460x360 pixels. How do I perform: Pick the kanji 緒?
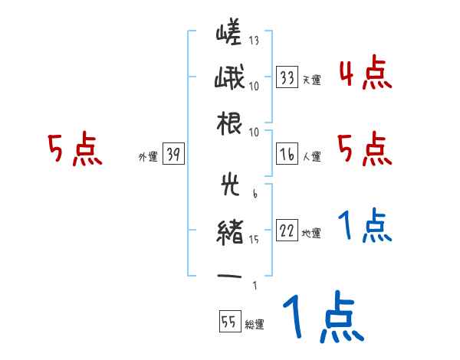228,230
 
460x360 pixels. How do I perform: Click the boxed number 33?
287,77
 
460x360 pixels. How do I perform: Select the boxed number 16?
287,154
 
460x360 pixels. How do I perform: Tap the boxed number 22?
287,231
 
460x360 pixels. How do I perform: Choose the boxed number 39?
173,155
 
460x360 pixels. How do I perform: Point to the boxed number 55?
228,322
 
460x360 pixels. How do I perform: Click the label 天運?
311,80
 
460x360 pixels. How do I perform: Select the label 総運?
255,324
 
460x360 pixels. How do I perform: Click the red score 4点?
364,74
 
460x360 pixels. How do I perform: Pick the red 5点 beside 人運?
364,149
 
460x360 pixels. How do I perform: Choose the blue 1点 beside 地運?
364,226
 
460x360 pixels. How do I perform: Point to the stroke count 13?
254,40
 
